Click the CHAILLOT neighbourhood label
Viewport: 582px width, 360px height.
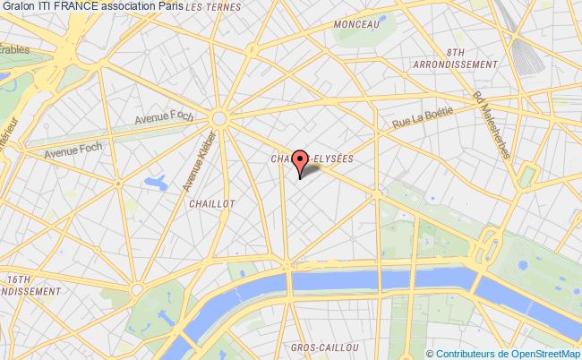(212, 203)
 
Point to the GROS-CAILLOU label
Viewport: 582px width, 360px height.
(325, 347)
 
